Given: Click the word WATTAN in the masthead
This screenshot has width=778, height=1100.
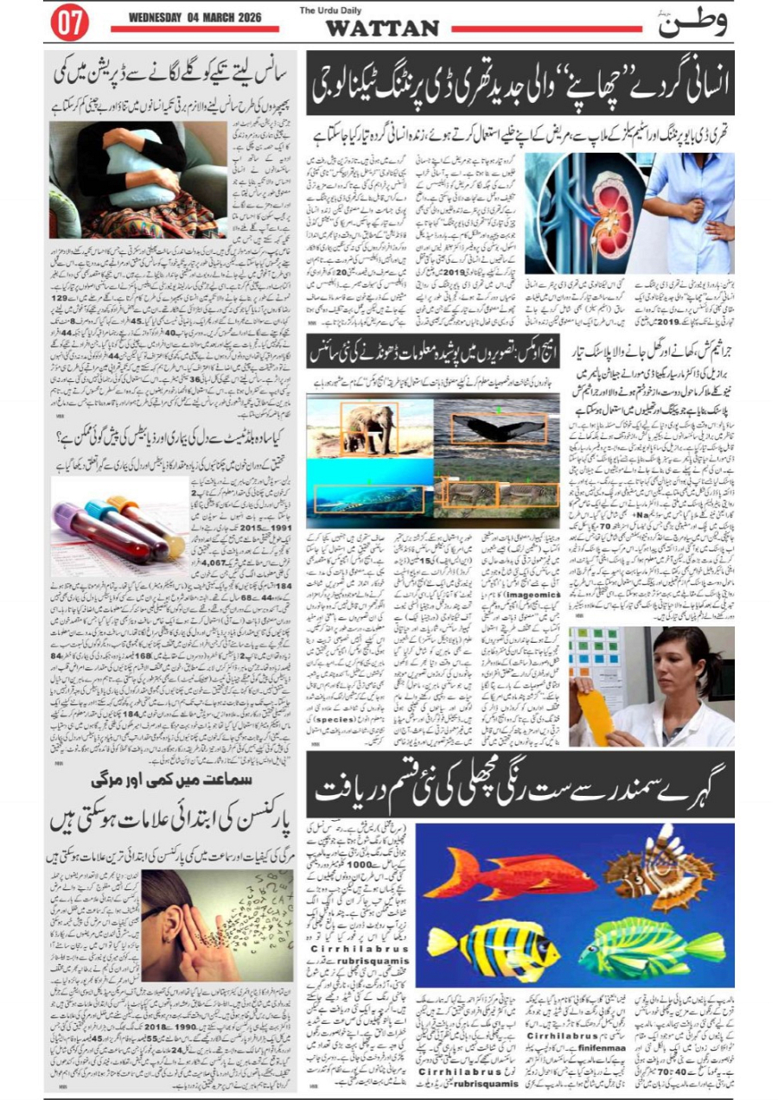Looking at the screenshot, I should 381,29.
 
